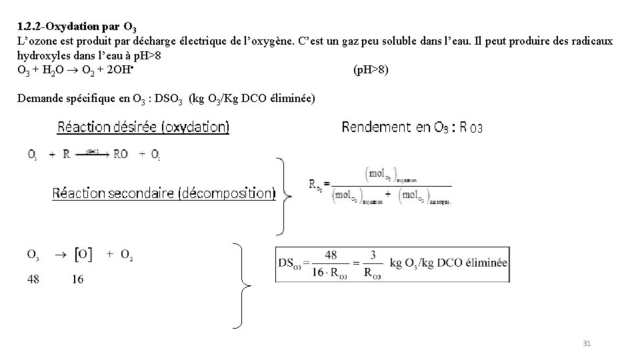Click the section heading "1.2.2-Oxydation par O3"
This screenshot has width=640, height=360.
click(x=77, y=28)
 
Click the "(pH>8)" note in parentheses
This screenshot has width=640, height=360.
click(x=371, y=70)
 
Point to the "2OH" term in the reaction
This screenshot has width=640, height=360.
click(x=125, y=70)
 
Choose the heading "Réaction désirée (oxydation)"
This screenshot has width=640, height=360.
click(x=143, y=127)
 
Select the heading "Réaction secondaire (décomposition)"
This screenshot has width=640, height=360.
click(x=163, y=193)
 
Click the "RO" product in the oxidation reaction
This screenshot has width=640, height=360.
click(x=121, y=154)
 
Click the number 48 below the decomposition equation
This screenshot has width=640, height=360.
click(x=33, y=279)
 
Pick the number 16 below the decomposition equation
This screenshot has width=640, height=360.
click(x=77, y=279)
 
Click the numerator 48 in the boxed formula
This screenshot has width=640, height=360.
click(x=331, y=254)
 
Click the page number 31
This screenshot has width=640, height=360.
click(x=587, y=343)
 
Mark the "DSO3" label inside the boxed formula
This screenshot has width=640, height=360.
click(x=290, y=263)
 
